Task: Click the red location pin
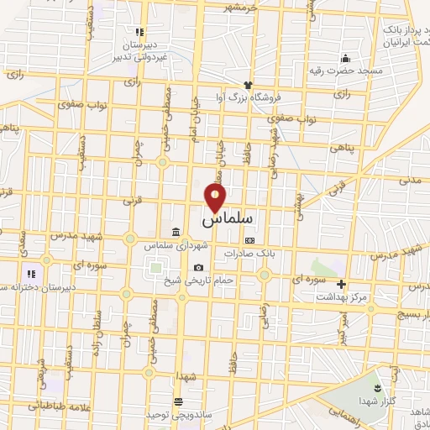click(216, 197)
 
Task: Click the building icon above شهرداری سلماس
click(175, 232)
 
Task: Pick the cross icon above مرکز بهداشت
click(341, 283)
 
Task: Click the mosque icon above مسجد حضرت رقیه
click(345, 58)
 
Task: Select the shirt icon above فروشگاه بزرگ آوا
click(248, 84)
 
